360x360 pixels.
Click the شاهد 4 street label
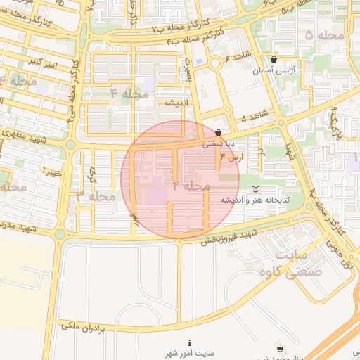[255, 115]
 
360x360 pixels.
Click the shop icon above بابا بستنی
[219, 132]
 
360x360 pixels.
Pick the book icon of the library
[255, 189]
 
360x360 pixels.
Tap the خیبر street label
[53, 171]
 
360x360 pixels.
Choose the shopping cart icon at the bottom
[281, 349]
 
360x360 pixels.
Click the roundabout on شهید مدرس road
[60, 234]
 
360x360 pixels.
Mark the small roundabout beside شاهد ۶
[214, 63]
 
